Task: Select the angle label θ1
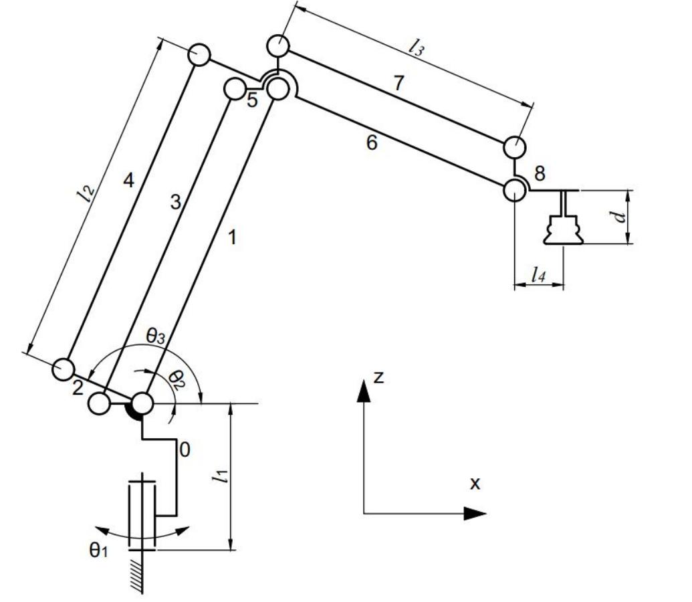point(98,550)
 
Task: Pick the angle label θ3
point(155,337)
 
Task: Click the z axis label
point(378,377)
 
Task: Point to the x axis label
point(475,482)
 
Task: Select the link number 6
point(372,143)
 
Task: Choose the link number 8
point(540,173)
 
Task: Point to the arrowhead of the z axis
point(363,391)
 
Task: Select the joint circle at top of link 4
point(199,54)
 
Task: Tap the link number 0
point(185,450)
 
